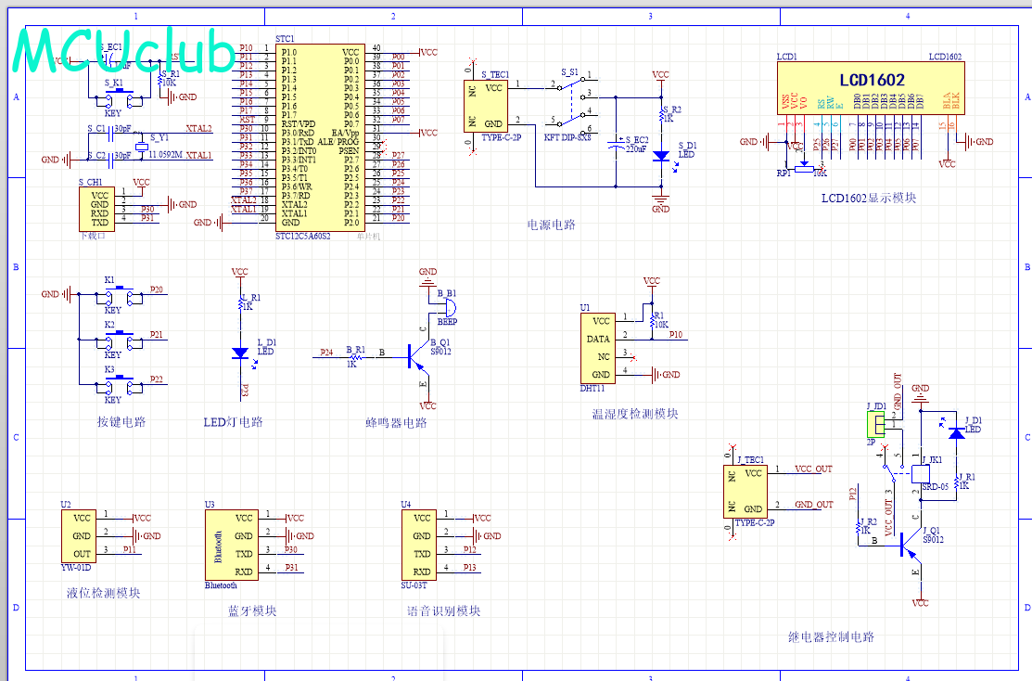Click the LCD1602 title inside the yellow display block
[872, 81]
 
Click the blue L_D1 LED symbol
[240, 353]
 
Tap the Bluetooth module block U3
[231, 544]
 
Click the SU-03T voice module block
[422, 544]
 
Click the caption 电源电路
[551, 224]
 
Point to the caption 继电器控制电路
[831, 637]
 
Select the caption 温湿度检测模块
[635, 415]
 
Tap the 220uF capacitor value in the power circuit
[636, 148]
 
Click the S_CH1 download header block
[99, 209]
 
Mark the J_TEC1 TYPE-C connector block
[753, 491]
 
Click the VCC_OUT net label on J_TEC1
[814, 469]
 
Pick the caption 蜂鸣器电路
[396, 423]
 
